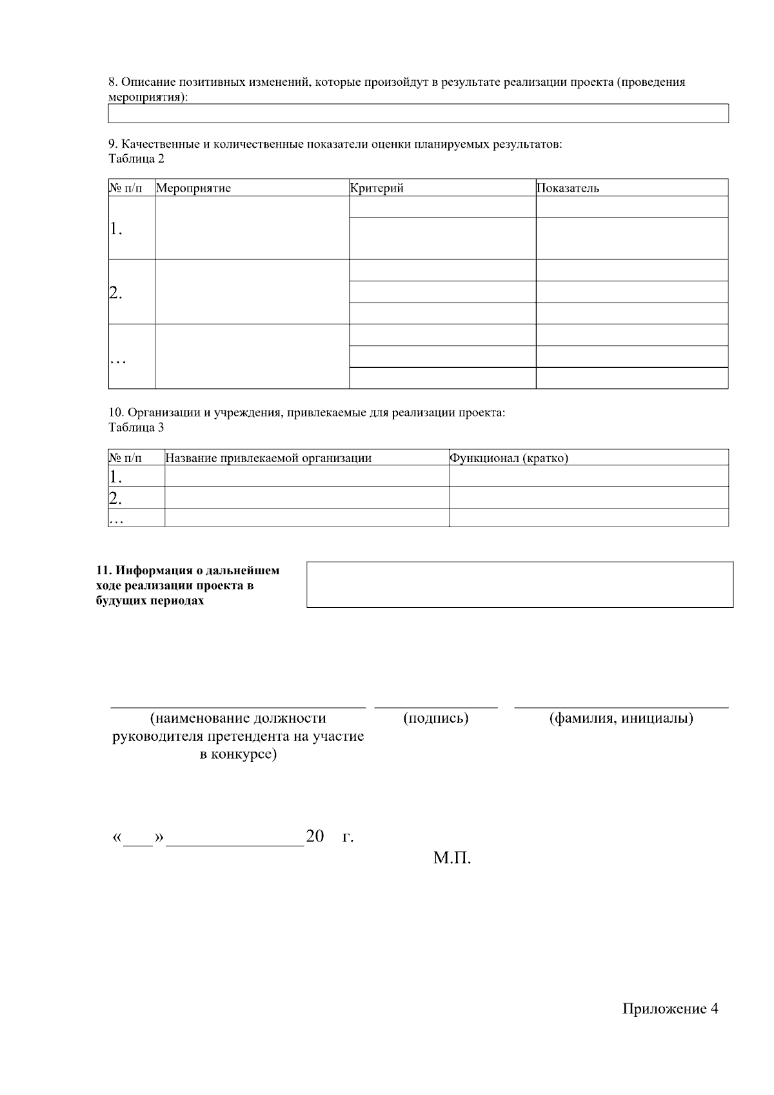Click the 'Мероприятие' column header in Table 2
(193, 188)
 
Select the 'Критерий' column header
(377, 188)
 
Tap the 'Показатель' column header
(568, 188)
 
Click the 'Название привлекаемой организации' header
(268, 458)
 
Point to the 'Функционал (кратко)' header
(509, 458)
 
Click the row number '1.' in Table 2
(116, 228)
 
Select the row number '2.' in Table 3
(116, 497)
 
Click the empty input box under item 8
(418, 114)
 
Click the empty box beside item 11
(519, 585)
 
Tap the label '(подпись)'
(435, 718)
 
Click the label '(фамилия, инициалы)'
(621, 718)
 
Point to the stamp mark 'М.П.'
(452, 859)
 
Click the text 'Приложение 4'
(670, 1009)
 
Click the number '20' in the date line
(315, 837)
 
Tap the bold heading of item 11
(188, 585)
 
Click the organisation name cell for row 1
(306, 476)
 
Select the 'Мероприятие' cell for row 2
(252, 292)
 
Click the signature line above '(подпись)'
(436, 708)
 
